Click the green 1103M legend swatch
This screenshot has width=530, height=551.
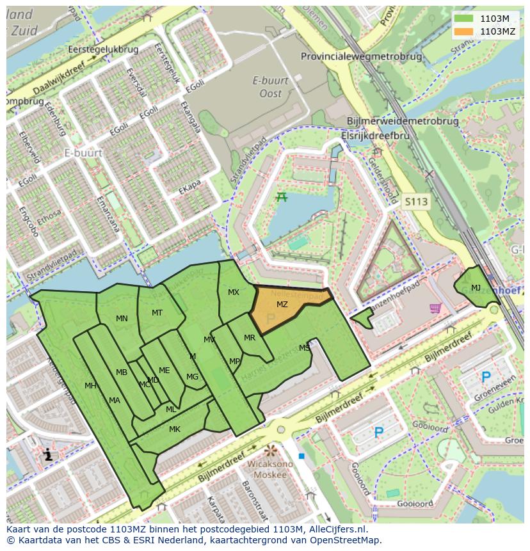pos(464,19)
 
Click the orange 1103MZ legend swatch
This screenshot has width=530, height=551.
pos(464,31)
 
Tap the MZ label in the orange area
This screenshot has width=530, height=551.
pos(282,304)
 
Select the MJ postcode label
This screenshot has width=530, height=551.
pos(476,288)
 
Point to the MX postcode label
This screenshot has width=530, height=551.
pos(234,292)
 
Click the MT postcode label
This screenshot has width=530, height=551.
pos(157,312)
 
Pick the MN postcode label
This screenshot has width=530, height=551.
pos(122,318)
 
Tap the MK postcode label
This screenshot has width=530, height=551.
pos(174,429)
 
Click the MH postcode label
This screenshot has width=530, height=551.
pos(90,385)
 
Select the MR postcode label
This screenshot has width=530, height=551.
pos(250,338)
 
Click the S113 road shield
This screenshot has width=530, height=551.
pos(415,202)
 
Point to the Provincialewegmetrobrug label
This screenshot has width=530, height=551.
pos(362,56)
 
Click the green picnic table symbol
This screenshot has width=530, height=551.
pos(282,197)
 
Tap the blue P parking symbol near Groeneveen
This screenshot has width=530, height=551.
pos(486,378)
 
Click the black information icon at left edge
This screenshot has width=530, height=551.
pos(49,456)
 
